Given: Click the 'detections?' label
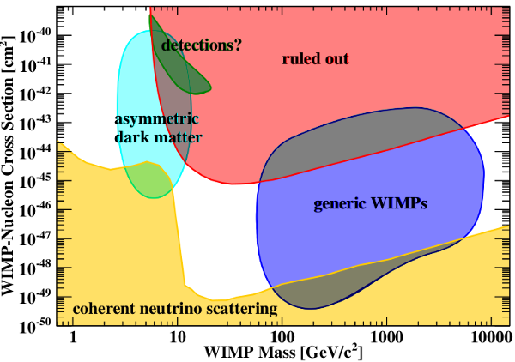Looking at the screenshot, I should [x=201, y=44].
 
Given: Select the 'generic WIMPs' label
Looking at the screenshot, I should [x=371, y=205].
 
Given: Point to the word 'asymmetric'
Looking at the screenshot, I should [x=157, y=120].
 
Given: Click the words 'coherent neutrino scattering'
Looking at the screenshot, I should [x=175, y=308].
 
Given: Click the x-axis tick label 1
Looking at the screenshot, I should [x=73, y=337].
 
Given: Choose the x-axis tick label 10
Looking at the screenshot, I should [x=177, y=337].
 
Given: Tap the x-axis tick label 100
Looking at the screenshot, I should [x=282, y=337].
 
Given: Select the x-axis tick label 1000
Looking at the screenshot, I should [x=386, y=337].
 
